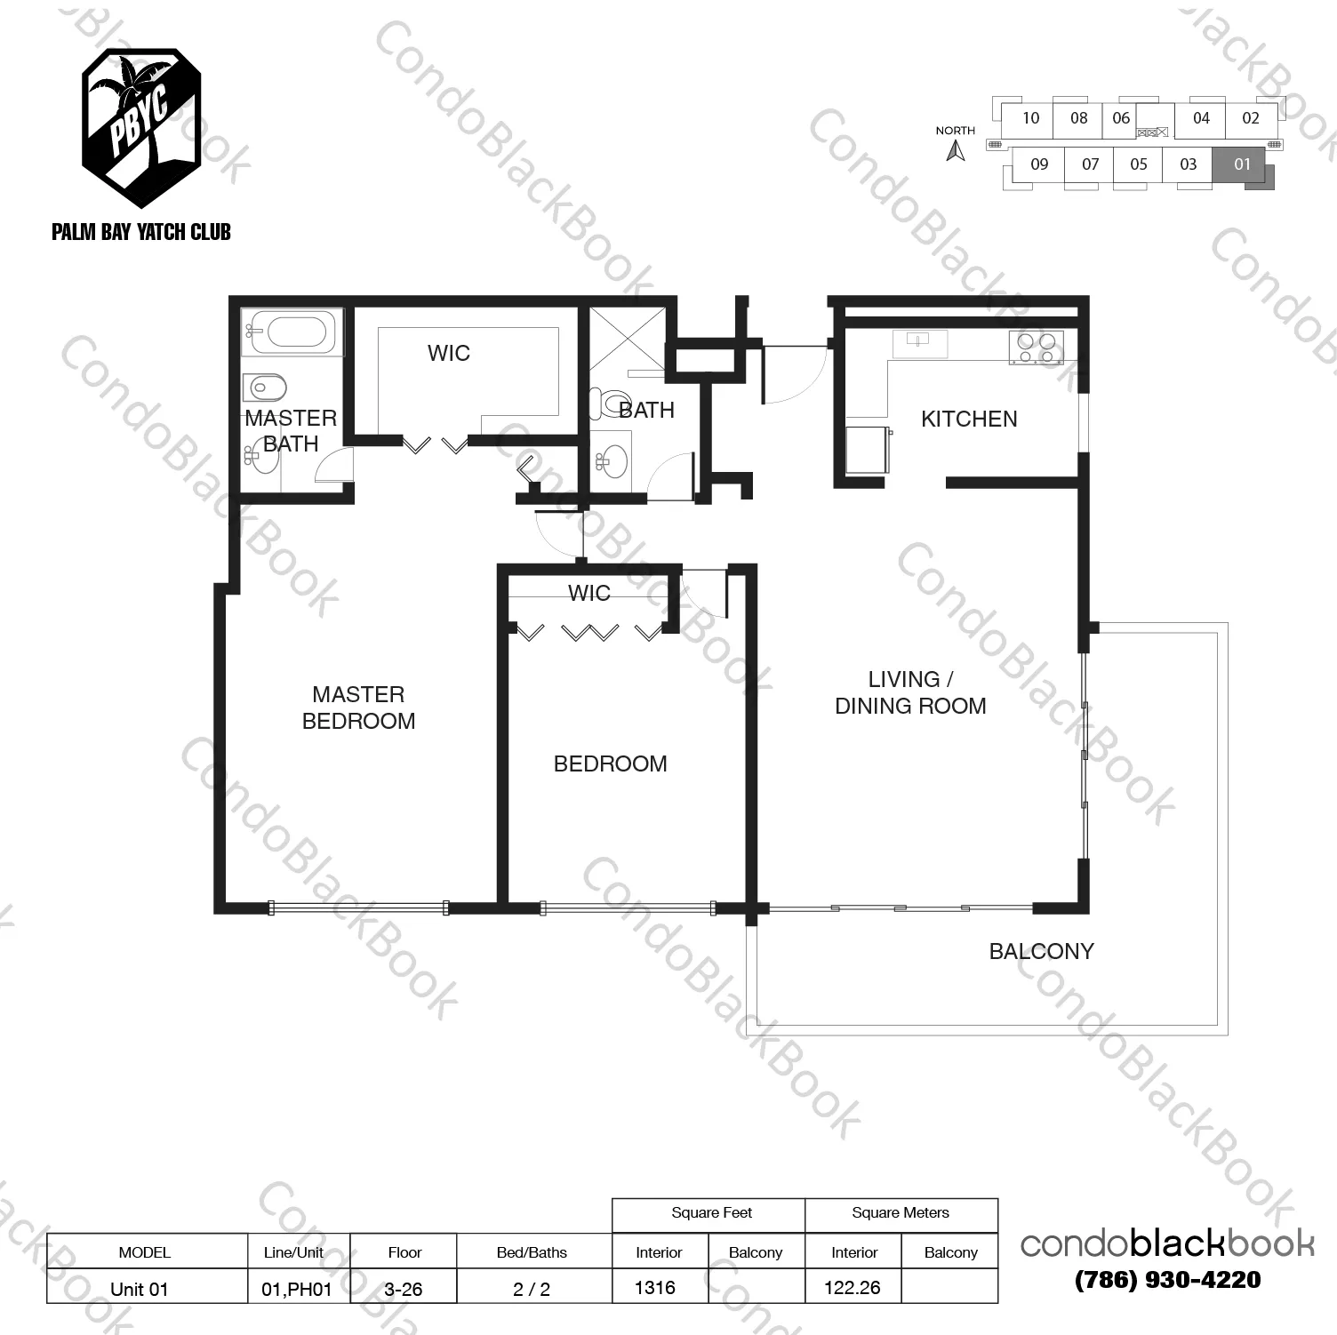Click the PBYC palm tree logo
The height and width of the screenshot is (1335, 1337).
[140, 116]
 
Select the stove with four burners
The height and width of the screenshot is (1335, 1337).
[1036, 347]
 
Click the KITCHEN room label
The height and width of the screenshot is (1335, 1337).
[968, 419]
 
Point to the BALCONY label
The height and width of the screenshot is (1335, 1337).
[1041, 951]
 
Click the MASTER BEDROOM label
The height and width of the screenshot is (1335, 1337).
[358, 707]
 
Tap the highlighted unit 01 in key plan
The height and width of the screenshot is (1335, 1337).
[1242, 164]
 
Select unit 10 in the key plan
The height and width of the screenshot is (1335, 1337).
[1030, 118]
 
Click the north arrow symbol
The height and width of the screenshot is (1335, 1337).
[956, 151]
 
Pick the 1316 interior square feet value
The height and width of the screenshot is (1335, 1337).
[655, 1287]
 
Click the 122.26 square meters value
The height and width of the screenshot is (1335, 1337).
[852, 1287]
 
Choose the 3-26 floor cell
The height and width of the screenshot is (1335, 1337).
[404, 1289]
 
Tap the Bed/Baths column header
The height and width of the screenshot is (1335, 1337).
[532, 1252]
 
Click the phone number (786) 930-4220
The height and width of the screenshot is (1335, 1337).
[1167, 1280]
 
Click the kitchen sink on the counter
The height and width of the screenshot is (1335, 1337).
[919, 340]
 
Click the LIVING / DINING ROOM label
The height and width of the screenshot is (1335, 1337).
[910, 692]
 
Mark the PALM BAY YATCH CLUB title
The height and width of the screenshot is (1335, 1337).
[141, 232]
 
